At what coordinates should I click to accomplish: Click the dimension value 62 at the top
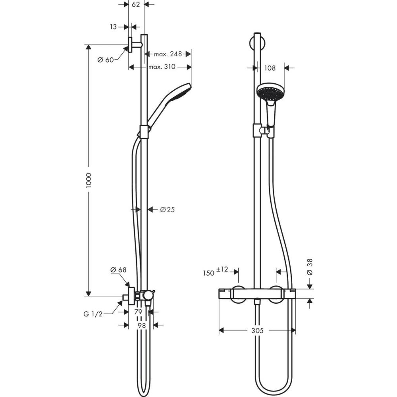tap(136, 5)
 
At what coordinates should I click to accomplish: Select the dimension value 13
tap(113, 27)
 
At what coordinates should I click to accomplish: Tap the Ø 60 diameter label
tap(106, 60)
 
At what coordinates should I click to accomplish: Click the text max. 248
tap(165, 54)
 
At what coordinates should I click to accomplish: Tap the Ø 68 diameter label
tap(118, 270)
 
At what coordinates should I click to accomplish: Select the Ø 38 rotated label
tap(310, 267)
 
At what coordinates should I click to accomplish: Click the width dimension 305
tap(258, 330)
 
